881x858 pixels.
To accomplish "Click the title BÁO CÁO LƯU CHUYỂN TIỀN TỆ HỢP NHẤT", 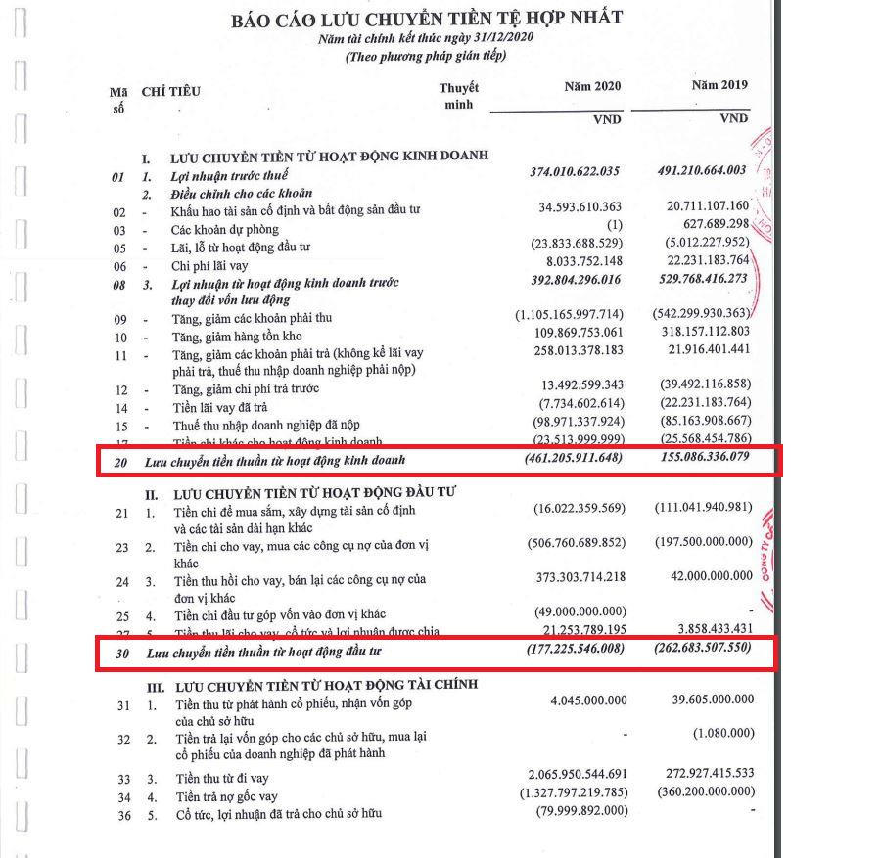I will [x=426, y=18].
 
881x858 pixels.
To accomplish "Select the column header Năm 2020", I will [x=592, y=86].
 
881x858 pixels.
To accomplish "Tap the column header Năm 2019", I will [x=719, y=85].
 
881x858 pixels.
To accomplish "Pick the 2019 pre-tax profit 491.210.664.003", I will [x=702, y=171].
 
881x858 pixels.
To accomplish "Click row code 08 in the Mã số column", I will [x=119, y=284].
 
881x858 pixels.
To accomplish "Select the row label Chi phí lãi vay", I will [x=209, y=266].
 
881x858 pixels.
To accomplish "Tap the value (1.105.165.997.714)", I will [x=568, y=319].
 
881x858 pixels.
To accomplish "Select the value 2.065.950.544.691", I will [x=575, y=774].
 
